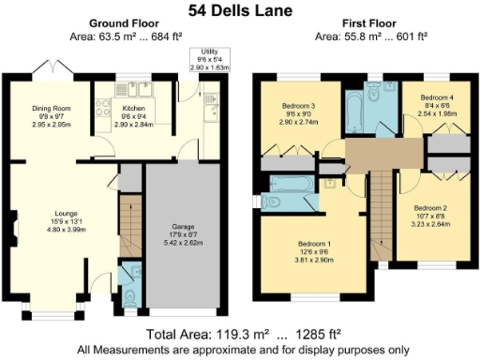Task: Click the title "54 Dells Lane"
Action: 239,10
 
